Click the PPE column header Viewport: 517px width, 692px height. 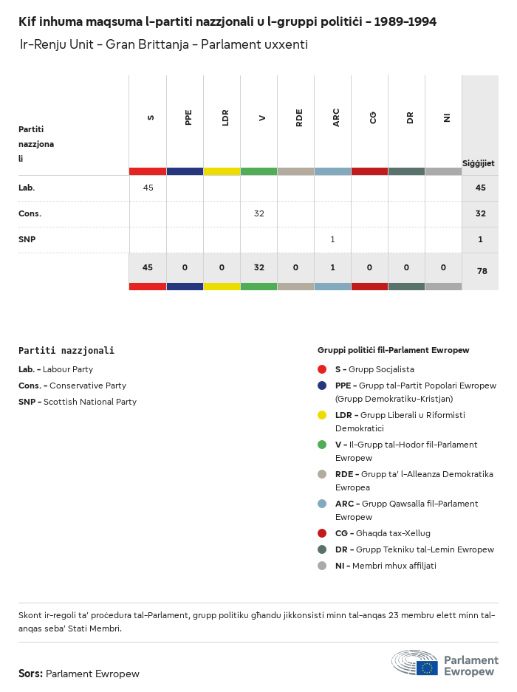[188, 117]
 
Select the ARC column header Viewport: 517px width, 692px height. [336, 117]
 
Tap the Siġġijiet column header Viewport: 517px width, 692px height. [479, 163]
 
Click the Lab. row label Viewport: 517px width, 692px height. [27, 188]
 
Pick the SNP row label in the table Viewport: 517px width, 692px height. [27, 239]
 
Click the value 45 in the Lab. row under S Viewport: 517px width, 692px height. [148, 188]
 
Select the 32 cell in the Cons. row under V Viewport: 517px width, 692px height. [258, 213]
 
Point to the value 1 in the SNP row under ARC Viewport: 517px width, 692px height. [332, 239]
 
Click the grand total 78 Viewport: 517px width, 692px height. [482, 271]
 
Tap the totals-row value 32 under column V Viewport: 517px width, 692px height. [258, 267]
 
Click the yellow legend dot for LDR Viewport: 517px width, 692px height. [322, 415]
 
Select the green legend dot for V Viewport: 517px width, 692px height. [322, 445]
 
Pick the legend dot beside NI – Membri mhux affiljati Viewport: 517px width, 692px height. [322, 566]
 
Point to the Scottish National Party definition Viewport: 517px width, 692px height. [89, 402]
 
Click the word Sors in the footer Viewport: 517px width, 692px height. [30, 674]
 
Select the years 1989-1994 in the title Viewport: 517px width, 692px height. [405, 21]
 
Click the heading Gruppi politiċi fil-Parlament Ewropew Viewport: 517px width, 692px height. [393, 350]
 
